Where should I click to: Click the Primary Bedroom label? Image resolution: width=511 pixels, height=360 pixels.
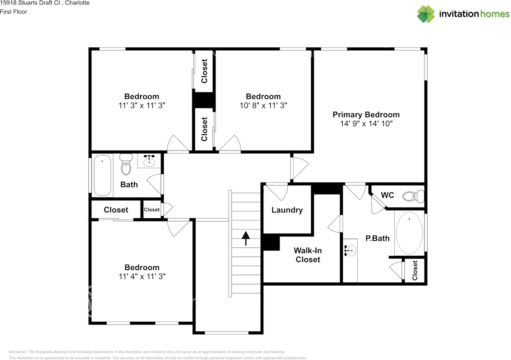point(366,115)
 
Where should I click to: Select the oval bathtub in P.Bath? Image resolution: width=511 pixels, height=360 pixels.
point(409,233)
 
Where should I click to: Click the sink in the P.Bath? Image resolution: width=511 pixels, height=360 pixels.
point(350,251)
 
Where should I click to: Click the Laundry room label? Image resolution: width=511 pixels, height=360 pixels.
point(287,210)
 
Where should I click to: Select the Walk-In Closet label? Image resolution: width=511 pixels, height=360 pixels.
point(307,255)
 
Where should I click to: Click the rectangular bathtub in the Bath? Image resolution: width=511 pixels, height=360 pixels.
point(102,175)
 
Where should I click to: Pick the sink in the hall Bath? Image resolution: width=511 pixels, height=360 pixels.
point(149,161)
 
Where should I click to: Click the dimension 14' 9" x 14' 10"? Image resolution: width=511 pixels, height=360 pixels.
point(366,124)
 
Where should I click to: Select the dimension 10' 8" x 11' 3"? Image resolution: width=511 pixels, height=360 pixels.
point(263,105)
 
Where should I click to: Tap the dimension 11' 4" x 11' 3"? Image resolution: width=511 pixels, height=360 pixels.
point(142,276)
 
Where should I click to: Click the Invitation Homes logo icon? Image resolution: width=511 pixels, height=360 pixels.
point(426,14)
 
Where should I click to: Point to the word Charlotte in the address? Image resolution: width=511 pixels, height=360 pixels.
point(78,3)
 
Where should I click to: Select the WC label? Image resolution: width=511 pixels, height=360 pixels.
point(387,195)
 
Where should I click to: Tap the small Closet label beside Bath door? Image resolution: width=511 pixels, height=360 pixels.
point(152,210)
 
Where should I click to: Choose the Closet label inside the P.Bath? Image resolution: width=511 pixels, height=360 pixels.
point(415,270)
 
